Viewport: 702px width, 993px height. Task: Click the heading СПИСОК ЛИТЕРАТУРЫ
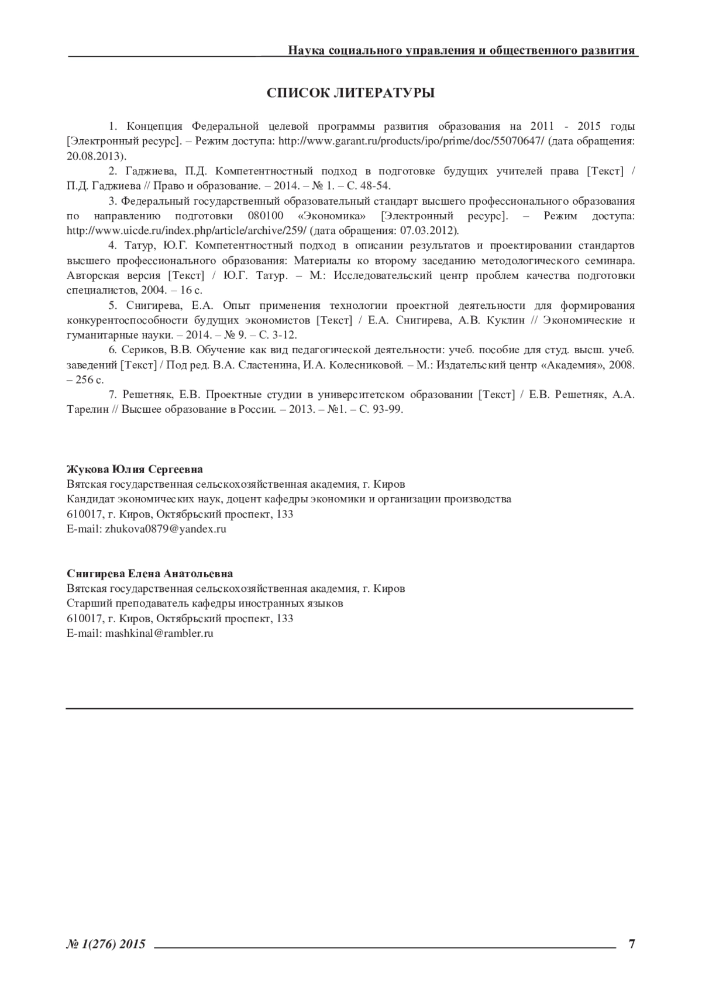point(350,93)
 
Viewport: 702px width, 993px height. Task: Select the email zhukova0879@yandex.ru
point(166,529)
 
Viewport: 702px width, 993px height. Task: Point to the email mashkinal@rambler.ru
point(159,633)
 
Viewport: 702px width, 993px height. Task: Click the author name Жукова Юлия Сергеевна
point(135,469)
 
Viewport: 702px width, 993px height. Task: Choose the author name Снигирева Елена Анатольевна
point(150,574)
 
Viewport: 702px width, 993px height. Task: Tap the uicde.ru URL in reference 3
point(187,231)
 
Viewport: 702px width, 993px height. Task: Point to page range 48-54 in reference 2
point(373,186)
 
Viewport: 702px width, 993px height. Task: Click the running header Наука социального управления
point(462,50)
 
